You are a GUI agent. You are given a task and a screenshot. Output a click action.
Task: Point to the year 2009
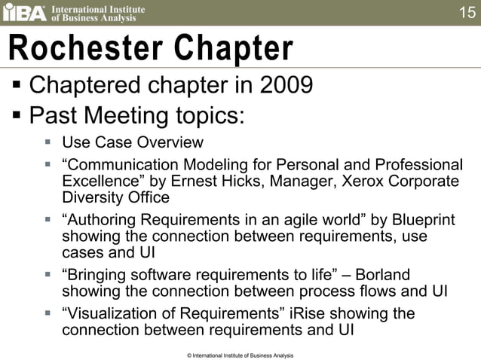pos(286,85)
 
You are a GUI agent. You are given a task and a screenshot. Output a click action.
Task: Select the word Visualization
pos(112,313)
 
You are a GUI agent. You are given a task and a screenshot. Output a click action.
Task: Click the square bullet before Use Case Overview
pos(47,142)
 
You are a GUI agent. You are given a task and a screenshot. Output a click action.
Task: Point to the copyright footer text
pos(240,355)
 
